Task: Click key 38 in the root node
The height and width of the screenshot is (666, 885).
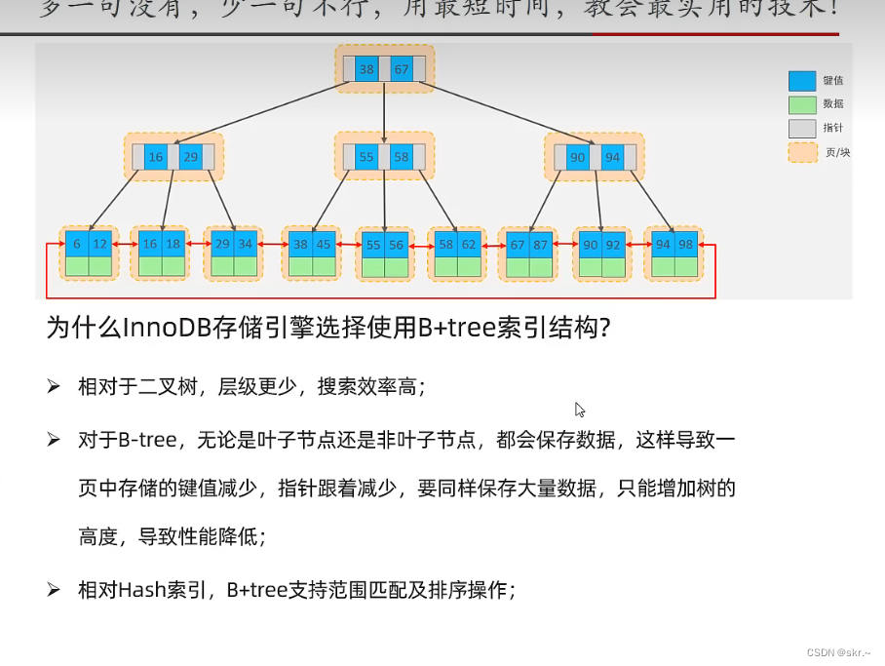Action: coord(366,69)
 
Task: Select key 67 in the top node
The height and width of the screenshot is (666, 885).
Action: coord(401,69)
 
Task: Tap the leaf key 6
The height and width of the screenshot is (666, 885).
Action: coord(77,244)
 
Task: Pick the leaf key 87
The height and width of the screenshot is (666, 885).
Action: coord(542,244)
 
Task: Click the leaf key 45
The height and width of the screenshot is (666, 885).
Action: coord(324,244)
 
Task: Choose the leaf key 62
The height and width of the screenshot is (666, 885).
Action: coord(470,244)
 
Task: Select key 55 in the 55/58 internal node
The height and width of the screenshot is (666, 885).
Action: coord(366,157)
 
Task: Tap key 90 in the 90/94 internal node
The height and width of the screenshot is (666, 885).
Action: coord(577,157)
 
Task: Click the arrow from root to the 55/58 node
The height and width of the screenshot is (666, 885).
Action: coord(384,112)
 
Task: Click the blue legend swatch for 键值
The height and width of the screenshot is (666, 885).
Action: coord(801,81)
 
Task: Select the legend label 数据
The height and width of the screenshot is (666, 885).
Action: coord(833,104)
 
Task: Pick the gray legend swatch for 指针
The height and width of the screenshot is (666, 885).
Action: coord(801,129)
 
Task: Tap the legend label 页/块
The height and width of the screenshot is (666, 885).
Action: coord(837,153)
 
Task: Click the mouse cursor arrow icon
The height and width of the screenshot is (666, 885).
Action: coord(580,410)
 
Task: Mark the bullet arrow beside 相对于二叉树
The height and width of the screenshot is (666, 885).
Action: coord(54,387)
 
